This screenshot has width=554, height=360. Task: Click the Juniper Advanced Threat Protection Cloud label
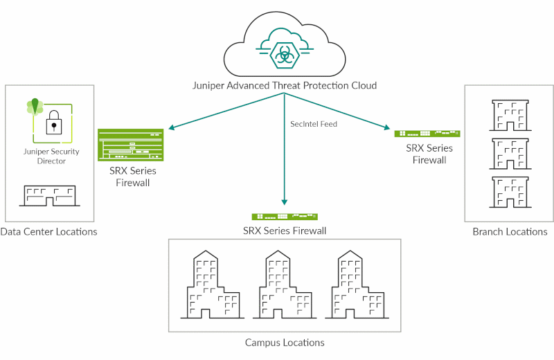tap(284, 85)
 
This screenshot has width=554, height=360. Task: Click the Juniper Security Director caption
tap(51, 156)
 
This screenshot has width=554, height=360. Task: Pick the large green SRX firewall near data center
tap(131, 145)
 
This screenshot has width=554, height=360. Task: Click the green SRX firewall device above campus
tap(285, 217)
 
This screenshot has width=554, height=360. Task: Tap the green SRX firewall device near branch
tap(427, 133)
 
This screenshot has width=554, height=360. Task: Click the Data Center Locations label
tap(48, 231)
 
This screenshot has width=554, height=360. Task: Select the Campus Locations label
tap(285, 342)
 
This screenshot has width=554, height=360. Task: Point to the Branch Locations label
tap(510, 231)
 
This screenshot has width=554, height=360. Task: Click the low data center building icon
tap(48, 195)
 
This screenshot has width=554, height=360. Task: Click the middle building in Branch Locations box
tap(509, 153)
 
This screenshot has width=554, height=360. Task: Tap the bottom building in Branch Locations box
tap(509, 192)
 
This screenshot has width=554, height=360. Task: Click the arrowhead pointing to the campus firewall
tap(285, 201)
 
